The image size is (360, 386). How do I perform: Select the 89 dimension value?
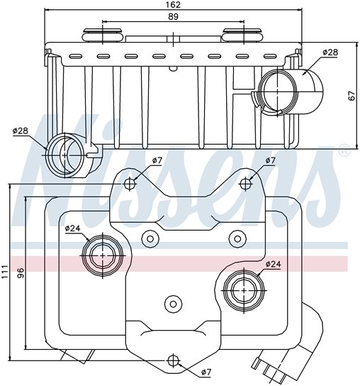174,18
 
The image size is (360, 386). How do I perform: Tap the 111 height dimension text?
6,270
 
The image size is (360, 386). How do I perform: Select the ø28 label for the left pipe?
20,131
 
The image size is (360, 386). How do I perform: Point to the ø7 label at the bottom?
206,372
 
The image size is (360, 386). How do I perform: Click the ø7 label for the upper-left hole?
157,161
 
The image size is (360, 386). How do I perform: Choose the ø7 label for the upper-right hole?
270,161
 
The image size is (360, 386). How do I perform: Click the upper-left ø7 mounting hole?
129,184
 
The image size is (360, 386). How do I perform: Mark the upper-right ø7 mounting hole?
245,184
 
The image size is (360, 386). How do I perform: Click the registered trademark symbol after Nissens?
344,151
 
